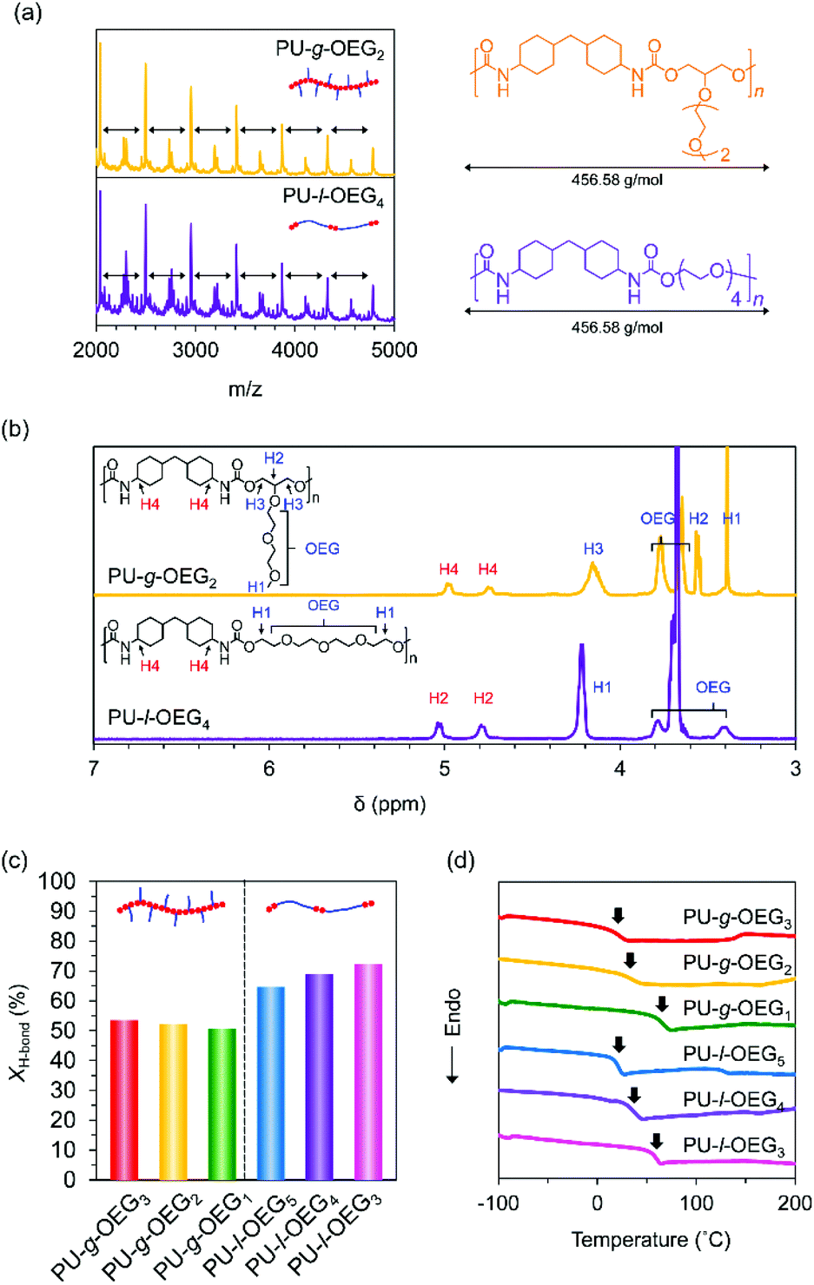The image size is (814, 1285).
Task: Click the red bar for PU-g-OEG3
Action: coord(124,1099)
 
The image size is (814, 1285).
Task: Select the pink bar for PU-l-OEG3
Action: coord(368,1071)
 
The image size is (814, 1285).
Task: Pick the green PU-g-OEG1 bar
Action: coord(222,1104)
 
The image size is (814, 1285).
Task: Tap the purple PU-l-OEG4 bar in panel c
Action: coord(319,1077)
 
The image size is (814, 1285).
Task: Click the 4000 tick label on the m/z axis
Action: coord(294,350)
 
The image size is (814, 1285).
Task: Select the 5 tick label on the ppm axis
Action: coord(444,768)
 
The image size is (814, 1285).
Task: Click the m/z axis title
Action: coord(245,389)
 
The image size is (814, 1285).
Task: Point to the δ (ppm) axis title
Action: coord(390,804)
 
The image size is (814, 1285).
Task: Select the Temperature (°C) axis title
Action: coord(651,1240)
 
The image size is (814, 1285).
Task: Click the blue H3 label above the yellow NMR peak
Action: coord(593,549)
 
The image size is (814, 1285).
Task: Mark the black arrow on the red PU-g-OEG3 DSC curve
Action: coord(618,915)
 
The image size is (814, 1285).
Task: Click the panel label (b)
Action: coord(16,429)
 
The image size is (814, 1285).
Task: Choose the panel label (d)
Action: coord(460,860)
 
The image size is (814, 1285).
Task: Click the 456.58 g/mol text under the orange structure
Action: coord(617,180)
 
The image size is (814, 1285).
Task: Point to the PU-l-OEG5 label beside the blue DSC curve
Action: coord(733,1054)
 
